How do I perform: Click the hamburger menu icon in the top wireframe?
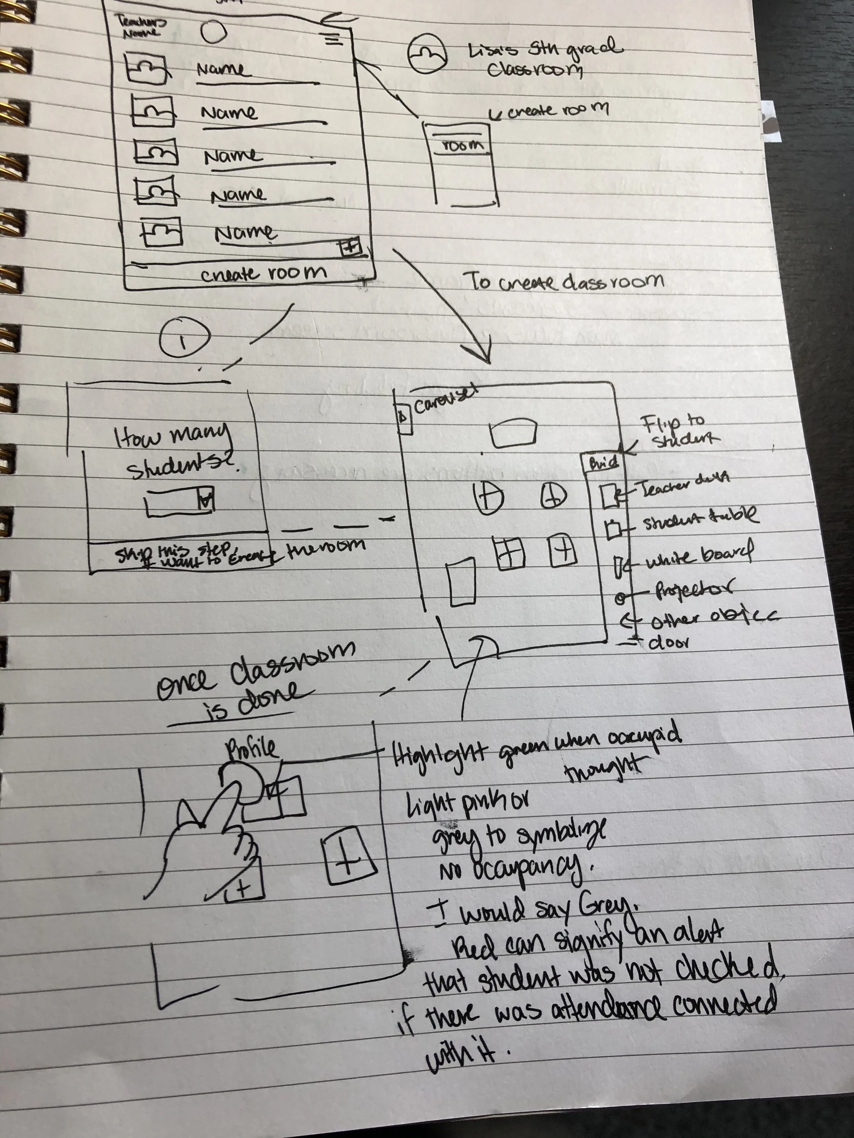pos(333,39)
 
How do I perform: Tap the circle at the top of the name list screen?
pos(213,32)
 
